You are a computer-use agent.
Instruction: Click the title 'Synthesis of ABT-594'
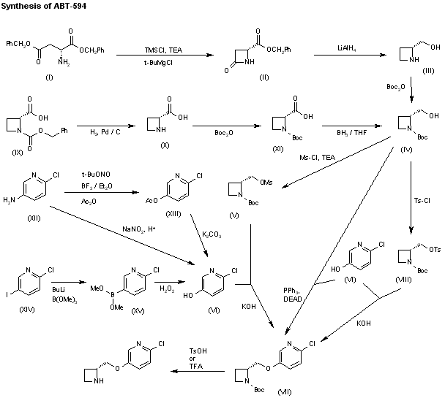(45, 7)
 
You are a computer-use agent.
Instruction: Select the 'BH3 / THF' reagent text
(342, 124)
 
